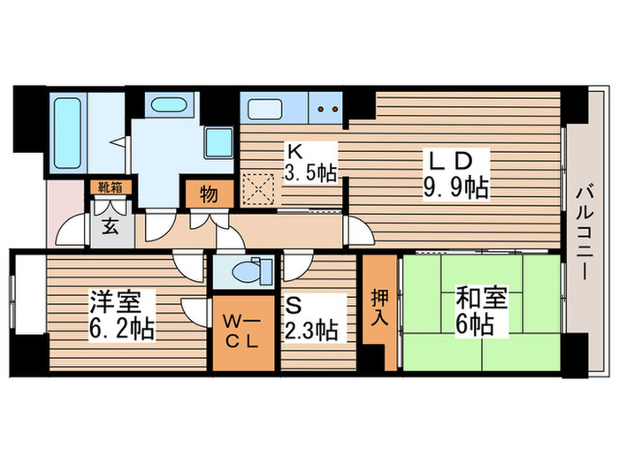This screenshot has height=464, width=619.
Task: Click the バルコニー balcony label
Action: (x=584, y=230)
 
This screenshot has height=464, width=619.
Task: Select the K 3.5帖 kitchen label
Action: (x=309, y=160)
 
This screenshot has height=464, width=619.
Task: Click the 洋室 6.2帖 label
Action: (x=121, y=316)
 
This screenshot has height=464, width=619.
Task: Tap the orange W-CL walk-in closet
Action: (x=241, y=331)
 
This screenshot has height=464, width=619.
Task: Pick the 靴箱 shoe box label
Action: (x=111, y=186)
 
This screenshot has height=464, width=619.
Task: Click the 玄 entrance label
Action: (x=111, y=225)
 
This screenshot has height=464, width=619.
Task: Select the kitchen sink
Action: (x=265, y=110)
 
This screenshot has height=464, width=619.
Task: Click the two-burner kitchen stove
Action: (x=327, y=110)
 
